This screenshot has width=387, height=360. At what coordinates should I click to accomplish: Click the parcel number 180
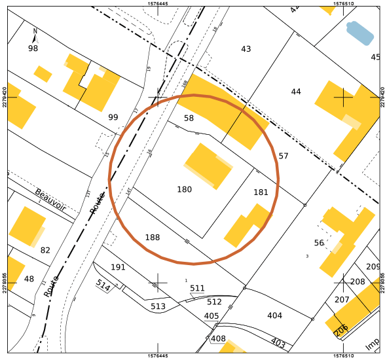pyautogui.click(x=185, y=190)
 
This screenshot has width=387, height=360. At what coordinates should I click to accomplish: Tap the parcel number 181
pyautogui.click(x=261, y=192)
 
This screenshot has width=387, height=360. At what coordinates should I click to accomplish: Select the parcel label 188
pyautogui.click(x=153, y=238)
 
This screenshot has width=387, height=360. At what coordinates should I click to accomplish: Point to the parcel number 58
pyautogui.click(x=189, y=118)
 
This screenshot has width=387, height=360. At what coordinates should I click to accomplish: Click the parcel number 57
pyautogui.click(x=284, y=156)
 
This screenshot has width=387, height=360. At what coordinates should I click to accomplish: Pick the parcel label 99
pyautogui.click(x=113, y=117)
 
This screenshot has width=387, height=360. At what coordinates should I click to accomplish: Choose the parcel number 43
pyautogui.click(x=246, y=49)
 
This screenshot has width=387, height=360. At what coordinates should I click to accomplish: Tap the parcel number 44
pyautogui.click(x=296, y=92)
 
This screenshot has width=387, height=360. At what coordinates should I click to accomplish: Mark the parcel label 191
pyautogui.click(x=118, y=267)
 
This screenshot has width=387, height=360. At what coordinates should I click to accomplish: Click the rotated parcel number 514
pyautogui.click(x=103, y=285)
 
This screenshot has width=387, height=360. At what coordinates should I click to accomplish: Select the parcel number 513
pyautogui.click(x=158, y=306)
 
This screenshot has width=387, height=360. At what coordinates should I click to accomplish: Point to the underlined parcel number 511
pyautogui.click(x=197, y=288)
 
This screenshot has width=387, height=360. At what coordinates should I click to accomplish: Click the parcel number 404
pyautogui.click(x=275, y=315)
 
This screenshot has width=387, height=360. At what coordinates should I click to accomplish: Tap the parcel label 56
pyautogui.click(x=319, y=243)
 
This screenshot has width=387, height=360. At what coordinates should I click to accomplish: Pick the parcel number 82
pyautogui.click(x=45, y=250)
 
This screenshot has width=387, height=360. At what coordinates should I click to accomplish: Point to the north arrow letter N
pyautogui.click(x=35, y=31)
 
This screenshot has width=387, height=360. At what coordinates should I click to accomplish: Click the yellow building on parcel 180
pyautogui.click(x=209, y=166)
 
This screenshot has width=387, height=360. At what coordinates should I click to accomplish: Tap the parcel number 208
pyautogui.click(x=358, y=281)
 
